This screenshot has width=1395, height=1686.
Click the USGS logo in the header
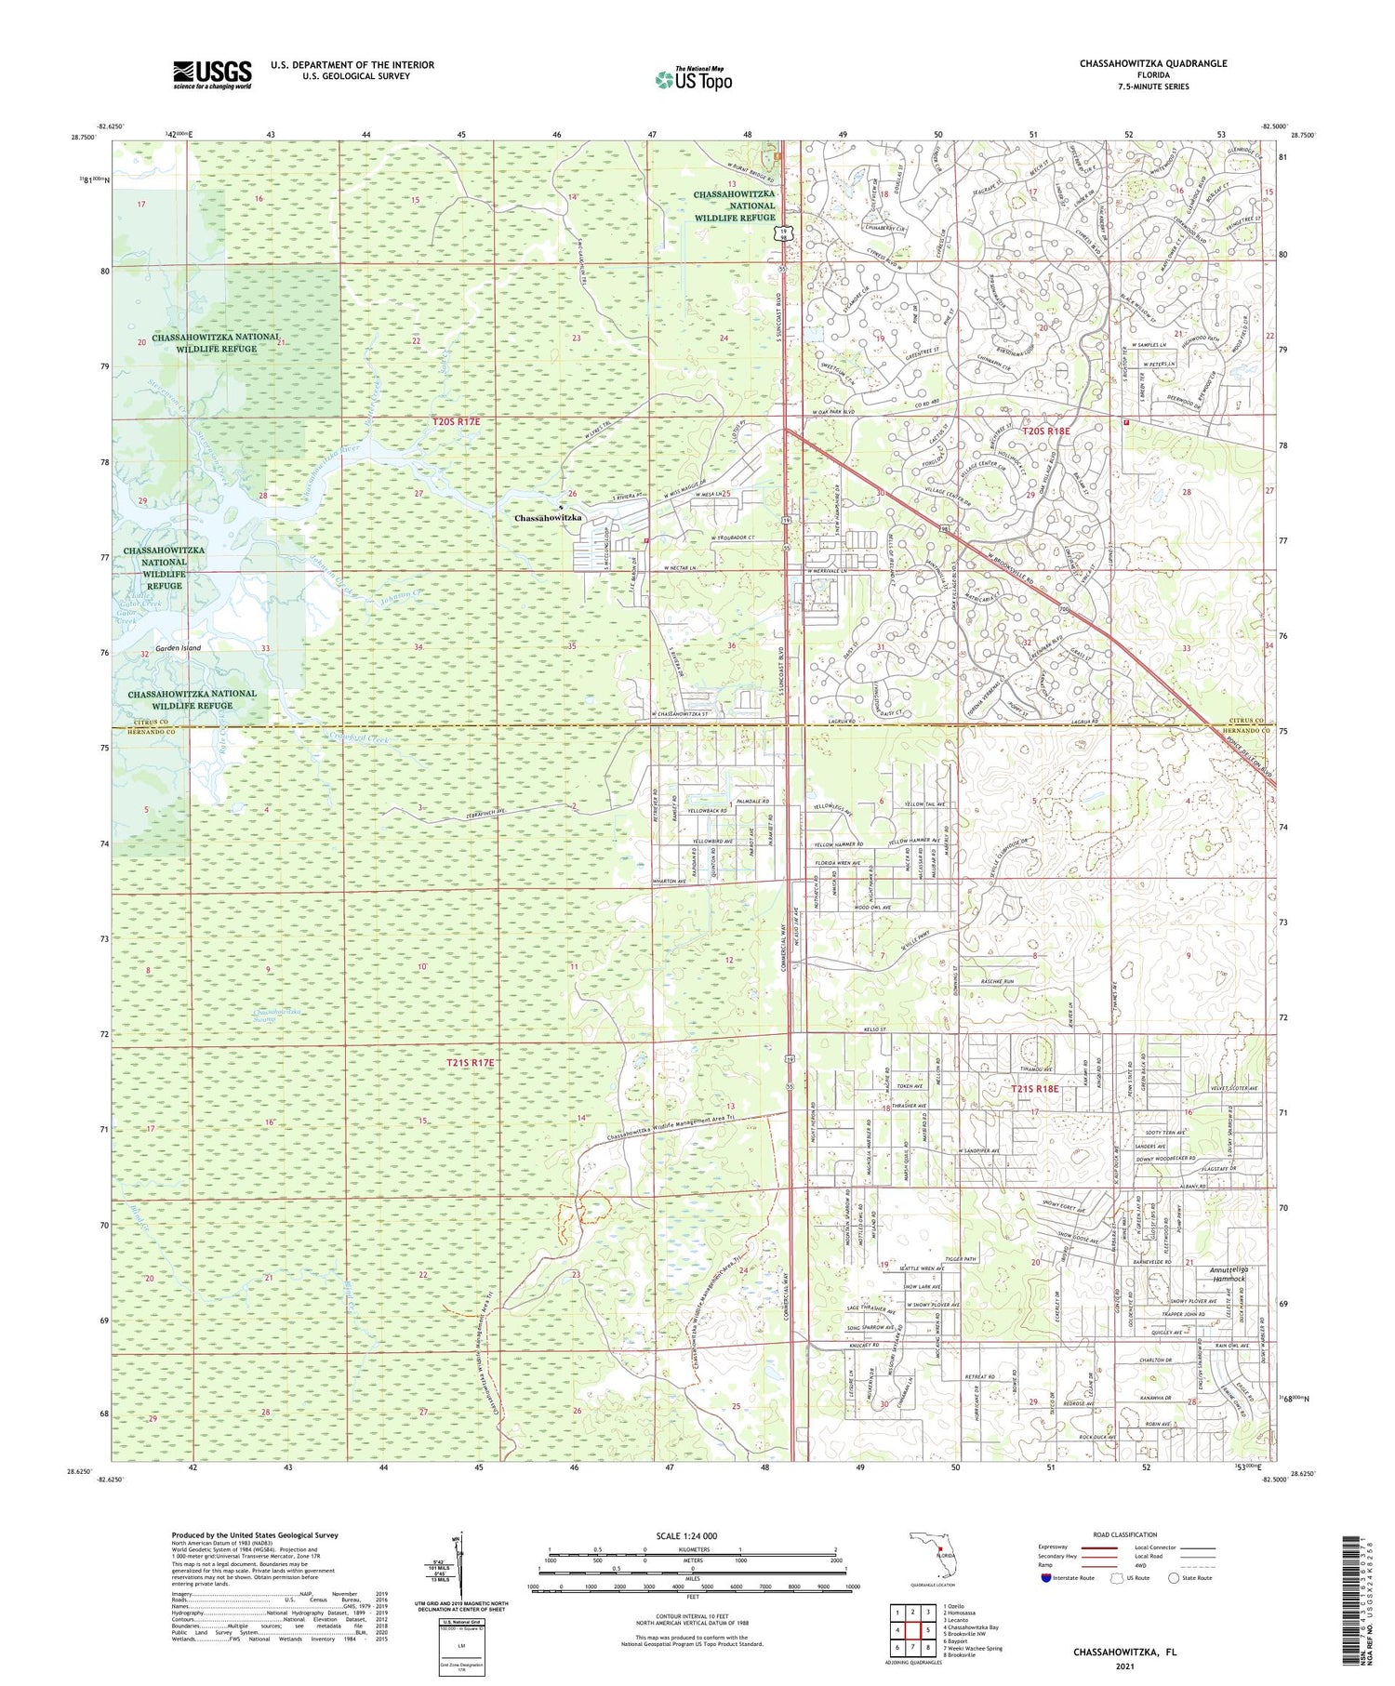(212, 74)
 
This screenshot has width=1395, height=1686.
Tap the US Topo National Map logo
(693, 79)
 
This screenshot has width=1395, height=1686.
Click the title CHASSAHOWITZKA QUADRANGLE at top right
(1153, 63)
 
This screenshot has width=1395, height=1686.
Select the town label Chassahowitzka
(549, 518)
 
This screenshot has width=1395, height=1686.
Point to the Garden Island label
(179, 648)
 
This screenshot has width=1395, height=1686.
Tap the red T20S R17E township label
(457, 422)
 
